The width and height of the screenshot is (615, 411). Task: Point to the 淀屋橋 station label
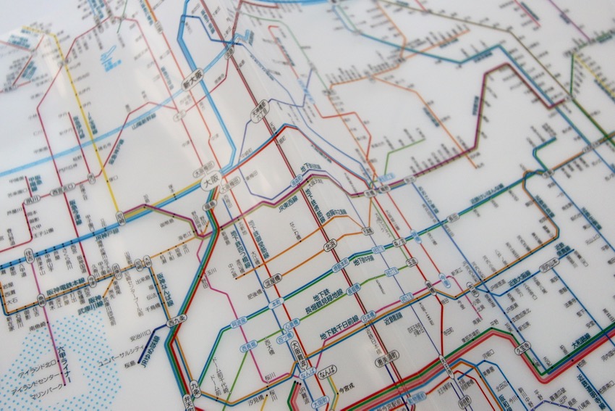(x=271, y=281)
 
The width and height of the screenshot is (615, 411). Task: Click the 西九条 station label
(x=175, y=317)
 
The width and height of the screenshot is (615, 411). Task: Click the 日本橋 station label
(x=369, y=317)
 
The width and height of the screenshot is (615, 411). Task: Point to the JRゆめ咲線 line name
(x=151, y=346)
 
